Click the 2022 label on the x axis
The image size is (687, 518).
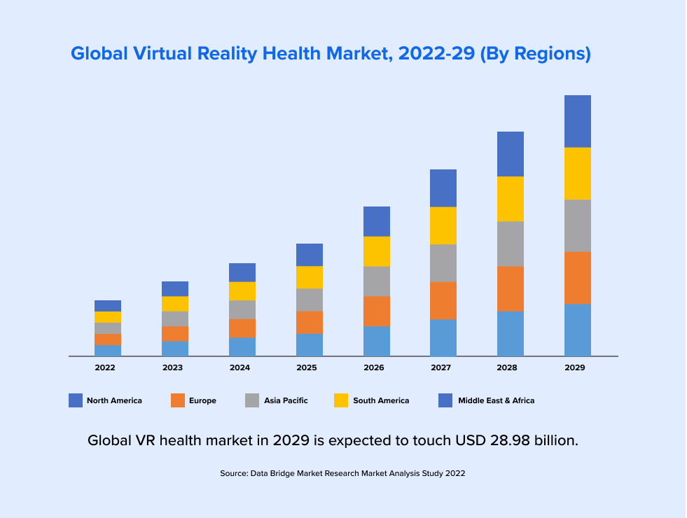point(105,367)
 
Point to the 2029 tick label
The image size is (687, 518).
point(575,367)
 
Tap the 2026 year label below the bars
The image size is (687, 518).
point(374,367)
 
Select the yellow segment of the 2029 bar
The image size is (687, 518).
point(578,174)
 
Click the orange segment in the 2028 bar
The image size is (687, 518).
point(511,289)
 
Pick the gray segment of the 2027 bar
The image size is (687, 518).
point(443,263)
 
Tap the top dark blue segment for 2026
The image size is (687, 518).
point(377,221)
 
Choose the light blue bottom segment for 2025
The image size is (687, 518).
point(310,345)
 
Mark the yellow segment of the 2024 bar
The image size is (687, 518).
point(242,291)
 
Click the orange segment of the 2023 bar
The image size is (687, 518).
point(175,334)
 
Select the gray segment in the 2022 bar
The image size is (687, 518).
point(108,328)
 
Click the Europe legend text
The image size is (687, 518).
point(202,400)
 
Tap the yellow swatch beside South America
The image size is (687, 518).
point(341,400)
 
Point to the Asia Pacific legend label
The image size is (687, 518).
point(286,400)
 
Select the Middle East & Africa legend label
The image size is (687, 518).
point(496,400)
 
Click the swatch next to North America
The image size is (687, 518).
point(76,400)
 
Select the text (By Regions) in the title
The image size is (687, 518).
point(535,53)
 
